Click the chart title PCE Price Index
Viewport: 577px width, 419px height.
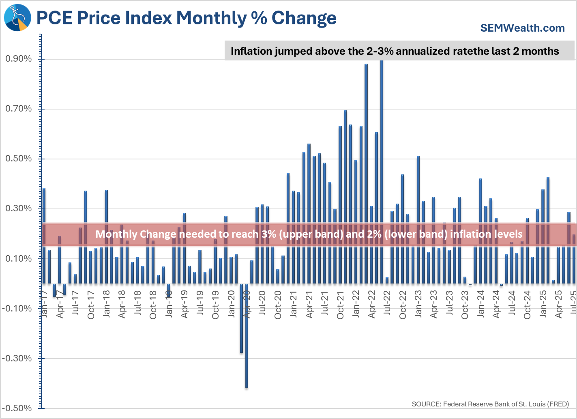pyautogui.click(x=187, y=18)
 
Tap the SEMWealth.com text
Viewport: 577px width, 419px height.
pyautogui.click(x=522, y=28)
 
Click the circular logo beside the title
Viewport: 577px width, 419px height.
pyautogui.click(x=17, y=17)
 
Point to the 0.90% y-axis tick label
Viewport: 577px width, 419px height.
pyautogui.click(x=19, y=59)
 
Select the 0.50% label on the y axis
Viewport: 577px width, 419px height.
pyautogui.click(x=19, y=159)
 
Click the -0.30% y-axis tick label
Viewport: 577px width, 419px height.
pyautogui.click(x=17, y=359)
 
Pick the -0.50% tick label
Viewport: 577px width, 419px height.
pyautogui.click(x=17, y=408)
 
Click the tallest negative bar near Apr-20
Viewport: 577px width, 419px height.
pyautogui.click(x=247, y=337)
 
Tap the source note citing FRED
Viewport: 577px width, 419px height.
pyautogui.click(x=490, y=404)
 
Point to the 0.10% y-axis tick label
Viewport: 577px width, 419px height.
pyautogui.click(x=19, y=259)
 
